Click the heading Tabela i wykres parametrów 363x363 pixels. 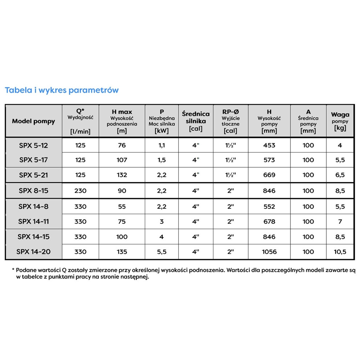click(x=62, y=90)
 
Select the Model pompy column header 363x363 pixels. click(x=33, y=121)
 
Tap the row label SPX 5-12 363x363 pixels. click(x=33, y=146)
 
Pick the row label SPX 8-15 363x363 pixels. click(x=33, y=191)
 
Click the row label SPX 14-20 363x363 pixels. click(x=33, y=252)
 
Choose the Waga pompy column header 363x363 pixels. click(x=340, y=121)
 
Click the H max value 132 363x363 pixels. click(x=122, y=175)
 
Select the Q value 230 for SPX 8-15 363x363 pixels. click(x=80, y=191)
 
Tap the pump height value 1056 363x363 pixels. click(x=269, y=252)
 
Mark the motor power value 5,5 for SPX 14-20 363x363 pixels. click(x=162, y=252)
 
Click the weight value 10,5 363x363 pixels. click(x=340, y=252)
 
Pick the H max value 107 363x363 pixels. click(x=122, y=160)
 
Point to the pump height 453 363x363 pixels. click(x=269, y=146)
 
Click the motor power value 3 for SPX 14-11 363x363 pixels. click(x=162, y=221)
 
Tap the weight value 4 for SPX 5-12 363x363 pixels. click(x=340, y=146)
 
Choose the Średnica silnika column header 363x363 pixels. click(x=196, y=121)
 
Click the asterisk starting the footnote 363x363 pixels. click(x=13, y=270)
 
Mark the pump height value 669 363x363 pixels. click(x=269, y=175)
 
